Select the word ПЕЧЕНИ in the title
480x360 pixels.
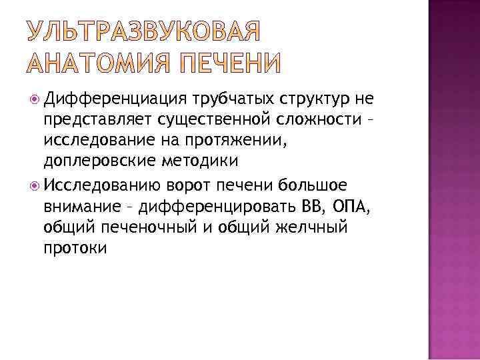(x=225, y=63)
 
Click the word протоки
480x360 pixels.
(x=75, y=246)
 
